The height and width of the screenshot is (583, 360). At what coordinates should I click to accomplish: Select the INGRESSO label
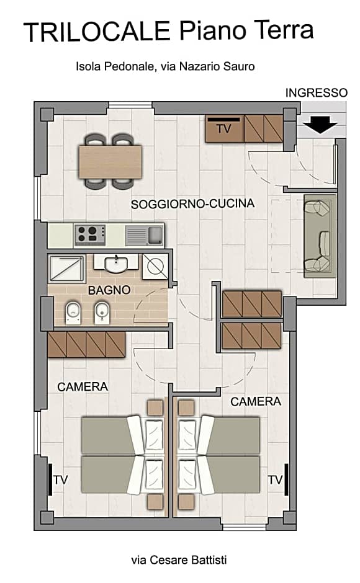(x=316, y=93)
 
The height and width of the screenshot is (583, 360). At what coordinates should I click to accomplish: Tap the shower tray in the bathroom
(x=67, y=268)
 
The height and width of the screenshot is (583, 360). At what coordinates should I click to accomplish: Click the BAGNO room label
(x=109, y=290)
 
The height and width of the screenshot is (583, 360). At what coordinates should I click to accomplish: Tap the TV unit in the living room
(x=223, y=128)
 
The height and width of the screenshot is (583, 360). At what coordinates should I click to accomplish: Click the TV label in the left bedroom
(x=60, y=479)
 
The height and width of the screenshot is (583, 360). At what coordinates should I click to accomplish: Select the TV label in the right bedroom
(x=276, y=479)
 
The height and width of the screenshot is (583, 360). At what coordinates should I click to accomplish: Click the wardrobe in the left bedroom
(x=86, y=344)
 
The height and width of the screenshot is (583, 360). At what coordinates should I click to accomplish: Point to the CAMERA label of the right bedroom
(x=256, y=402)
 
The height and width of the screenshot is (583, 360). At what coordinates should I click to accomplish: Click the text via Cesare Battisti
(x=179, y=560)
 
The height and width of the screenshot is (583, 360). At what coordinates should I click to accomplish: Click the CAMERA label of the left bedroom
(x=83, y=387)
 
